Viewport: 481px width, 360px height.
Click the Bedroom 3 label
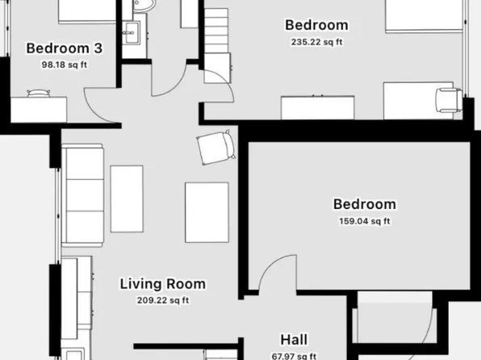[58, 47]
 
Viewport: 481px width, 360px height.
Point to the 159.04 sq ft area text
[363, 221]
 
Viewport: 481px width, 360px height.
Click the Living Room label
[162, 284]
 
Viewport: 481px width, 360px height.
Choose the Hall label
[293, 340]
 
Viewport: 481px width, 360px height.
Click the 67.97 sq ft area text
[293, 356]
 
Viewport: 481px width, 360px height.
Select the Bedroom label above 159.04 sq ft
[364, 204]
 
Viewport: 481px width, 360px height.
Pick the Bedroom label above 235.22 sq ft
[317, 25]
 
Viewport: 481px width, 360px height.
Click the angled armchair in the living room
[216, 148]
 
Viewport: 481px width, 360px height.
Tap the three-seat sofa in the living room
[83, 196]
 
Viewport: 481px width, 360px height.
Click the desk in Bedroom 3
[37, 107]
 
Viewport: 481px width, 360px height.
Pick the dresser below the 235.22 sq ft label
[318, 107]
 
